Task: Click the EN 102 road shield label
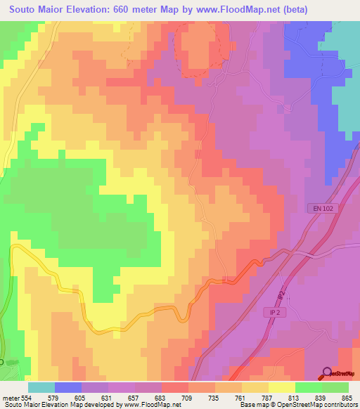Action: pos(319,208)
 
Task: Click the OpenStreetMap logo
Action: pos(340,373)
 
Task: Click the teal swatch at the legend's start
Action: pos(41,387)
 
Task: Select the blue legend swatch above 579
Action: pos(68,387)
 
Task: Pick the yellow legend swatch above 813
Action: pos(281,387)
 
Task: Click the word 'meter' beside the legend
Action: pos(11,398)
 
